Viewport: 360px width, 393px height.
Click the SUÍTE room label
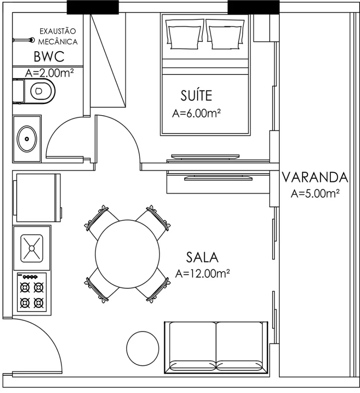point(196,95)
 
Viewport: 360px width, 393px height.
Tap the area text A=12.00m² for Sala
point(202,273)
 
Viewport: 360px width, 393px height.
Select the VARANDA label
point(315,177)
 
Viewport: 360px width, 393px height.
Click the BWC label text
point(48,57)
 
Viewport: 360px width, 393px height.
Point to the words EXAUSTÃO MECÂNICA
point(58,36)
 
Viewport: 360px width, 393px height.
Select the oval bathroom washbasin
point(27,139)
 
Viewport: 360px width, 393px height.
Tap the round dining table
point(127,254)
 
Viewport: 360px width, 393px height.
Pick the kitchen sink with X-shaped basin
point(32,248)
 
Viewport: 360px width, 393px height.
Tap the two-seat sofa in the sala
point(216,347)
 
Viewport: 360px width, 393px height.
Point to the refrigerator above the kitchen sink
point(37,198)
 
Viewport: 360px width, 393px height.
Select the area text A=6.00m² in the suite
point(196,114)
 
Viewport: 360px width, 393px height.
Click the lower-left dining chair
point(99,287)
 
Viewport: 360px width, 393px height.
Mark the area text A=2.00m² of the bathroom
point(50,73)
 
